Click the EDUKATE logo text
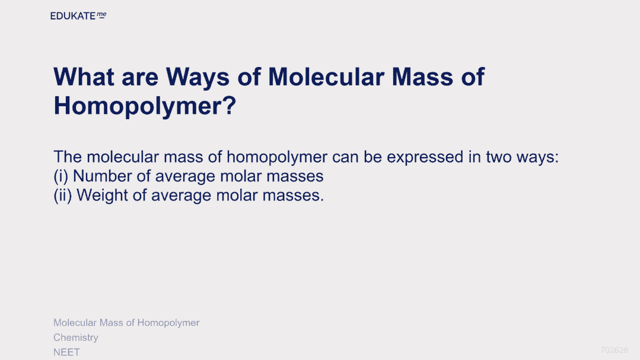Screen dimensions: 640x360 click(x=72, y=16)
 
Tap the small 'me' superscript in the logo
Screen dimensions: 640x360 click(x=101, y=15)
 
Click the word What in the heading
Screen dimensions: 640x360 click(x=84, y=77)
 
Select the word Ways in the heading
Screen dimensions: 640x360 click(x=198, y=78)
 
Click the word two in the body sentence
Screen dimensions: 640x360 click(x=499, y=157)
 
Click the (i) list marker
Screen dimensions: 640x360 click(x=61, y=177)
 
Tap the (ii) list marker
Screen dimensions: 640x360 click(x=63, y=196)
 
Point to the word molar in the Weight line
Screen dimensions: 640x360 click(x=237, y=196)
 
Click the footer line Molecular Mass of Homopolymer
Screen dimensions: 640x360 click(x=126, y=323)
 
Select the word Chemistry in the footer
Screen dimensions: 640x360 click(x=76, y=337)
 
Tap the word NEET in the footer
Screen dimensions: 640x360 click(x=66, y=352)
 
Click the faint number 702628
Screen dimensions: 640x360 click(x=614, y=350)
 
